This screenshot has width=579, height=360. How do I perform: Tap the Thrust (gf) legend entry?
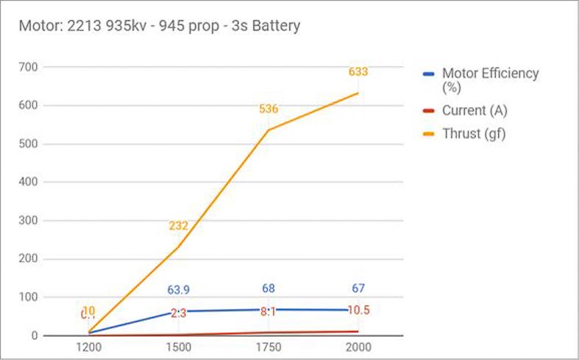click(474, 134)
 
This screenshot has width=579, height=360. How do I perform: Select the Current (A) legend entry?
click(474, 110)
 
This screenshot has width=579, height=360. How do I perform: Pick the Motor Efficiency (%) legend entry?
click(489, 80)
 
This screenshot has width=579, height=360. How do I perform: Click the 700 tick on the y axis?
click(29, 67)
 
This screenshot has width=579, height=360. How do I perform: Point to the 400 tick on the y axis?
click(29, 182)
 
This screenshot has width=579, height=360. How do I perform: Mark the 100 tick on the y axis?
click(29, 297)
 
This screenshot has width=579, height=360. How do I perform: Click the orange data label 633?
click(358, 72)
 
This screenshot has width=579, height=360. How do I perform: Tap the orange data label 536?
click(269, 109)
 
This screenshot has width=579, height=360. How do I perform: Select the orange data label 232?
click(179, 226)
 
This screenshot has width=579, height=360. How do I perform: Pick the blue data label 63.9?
click(179, 289)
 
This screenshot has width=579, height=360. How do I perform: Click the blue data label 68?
click(269, 289)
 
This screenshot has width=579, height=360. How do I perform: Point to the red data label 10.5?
click(358, 311)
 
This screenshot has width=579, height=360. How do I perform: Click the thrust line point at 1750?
click(269, 130)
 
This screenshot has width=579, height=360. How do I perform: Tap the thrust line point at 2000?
click(358, 93)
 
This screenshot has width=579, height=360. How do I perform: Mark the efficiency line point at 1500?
click(179, 311)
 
